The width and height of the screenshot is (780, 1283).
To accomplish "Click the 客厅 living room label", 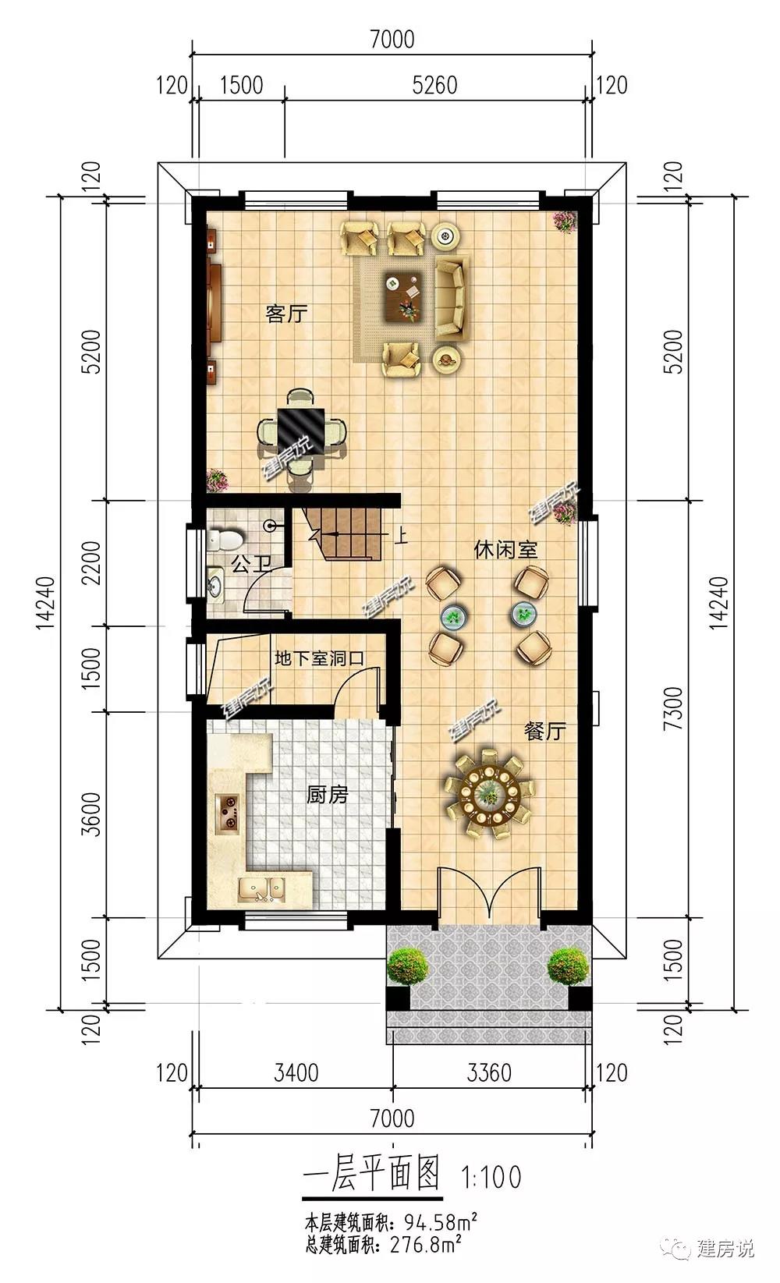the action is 286,314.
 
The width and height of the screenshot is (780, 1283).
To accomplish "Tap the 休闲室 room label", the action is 505,550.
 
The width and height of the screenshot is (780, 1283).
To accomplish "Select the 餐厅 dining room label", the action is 544,731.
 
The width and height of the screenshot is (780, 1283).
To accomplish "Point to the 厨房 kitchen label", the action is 327,795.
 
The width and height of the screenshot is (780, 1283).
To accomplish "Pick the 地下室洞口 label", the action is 319,658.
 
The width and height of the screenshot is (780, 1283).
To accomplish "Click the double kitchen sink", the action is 262,890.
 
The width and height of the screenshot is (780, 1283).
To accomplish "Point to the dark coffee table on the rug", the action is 402,297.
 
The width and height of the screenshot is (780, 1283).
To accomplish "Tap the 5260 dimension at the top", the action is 434,85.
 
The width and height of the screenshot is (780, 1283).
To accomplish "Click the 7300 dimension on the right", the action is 675,708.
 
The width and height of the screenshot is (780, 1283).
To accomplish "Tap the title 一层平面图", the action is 372,1172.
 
